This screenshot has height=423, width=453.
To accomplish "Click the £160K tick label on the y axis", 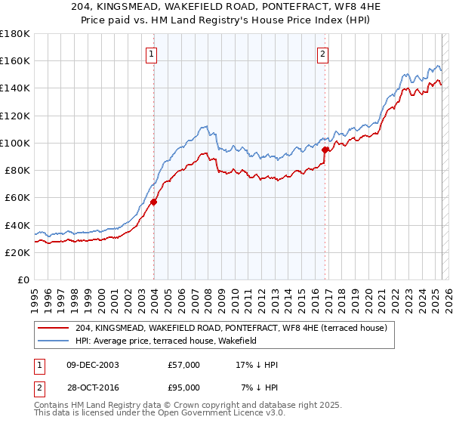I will click(15, 60).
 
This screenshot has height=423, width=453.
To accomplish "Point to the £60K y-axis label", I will click(17, 197).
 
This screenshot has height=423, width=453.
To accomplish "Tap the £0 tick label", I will click(24, 279).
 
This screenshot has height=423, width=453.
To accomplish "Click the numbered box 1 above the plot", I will click(153, 54).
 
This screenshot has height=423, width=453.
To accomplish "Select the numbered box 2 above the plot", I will click(322, 54).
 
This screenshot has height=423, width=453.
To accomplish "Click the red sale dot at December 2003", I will click(153, 202).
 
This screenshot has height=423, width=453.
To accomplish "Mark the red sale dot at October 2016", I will click(325, 150).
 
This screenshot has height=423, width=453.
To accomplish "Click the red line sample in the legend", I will click(54, 328).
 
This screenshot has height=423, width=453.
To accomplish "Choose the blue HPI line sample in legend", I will click(54, 341).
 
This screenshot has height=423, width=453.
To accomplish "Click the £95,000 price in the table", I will click(184, 387).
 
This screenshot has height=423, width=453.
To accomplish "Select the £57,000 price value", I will click(184, 365).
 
